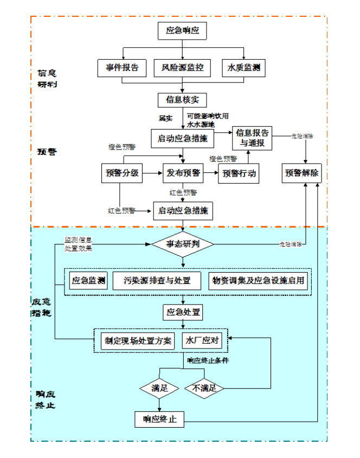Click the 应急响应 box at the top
click(182, 31)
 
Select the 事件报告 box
click(122, 68)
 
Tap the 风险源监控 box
click(182, 68)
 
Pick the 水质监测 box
click(243, 68)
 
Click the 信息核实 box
click(182, 100)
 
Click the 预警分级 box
click(123, 173)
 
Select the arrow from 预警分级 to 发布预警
click(153, 173)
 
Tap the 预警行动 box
click(237, 173)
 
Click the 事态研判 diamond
click(182, 244)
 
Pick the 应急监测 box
click(88, 281)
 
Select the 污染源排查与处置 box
click(158, 281)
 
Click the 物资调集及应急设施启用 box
click(258, 281)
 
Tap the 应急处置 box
click(182, 313)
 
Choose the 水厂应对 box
click(203, 341)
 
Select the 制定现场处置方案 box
click(138, 341)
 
